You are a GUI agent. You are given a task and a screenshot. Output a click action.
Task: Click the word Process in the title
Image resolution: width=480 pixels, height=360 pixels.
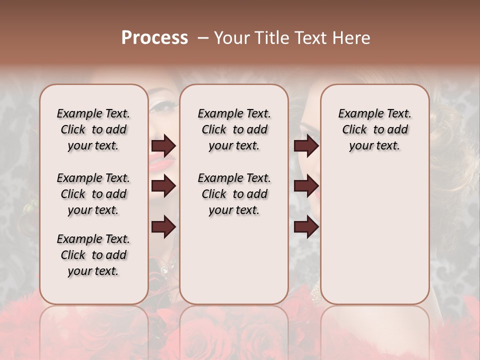154,38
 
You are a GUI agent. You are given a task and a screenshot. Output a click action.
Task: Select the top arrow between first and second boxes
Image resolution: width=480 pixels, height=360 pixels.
163,145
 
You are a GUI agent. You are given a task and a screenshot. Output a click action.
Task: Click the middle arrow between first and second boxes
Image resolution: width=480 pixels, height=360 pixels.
163,186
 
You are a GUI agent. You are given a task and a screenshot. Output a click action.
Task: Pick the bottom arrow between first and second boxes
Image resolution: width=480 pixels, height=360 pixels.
163,227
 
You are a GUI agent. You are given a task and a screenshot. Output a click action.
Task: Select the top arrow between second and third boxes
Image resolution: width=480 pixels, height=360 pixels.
306,145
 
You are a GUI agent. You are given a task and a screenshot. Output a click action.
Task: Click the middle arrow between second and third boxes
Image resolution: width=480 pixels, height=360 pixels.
306,186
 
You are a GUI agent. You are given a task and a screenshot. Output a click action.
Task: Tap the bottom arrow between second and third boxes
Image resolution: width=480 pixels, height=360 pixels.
306,227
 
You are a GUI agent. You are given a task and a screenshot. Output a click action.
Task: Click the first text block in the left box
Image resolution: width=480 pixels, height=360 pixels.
93,129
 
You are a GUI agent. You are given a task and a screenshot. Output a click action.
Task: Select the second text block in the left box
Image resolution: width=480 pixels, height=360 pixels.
93,194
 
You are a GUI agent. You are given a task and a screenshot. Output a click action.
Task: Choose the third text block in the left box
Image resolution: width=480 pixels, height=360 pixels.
93,255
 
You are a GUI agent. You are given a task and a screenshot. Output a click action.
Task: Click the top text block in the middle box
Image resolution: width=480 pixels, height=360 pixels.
234,129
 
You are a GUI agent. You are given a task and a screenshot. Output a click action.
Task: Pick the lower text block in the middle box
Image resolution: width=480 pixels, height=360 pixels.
234,194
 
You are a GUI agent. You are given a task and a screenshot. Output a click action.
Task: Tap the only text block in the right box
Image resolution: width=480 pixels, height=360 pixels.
374,129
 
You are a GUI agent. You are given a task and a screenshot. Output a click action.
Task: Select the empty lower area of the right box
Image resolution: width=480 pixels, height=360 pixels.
374,235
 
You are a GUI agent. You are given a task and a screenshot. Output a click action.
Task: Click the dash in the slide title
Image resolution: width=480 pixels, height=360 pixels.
203,38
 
